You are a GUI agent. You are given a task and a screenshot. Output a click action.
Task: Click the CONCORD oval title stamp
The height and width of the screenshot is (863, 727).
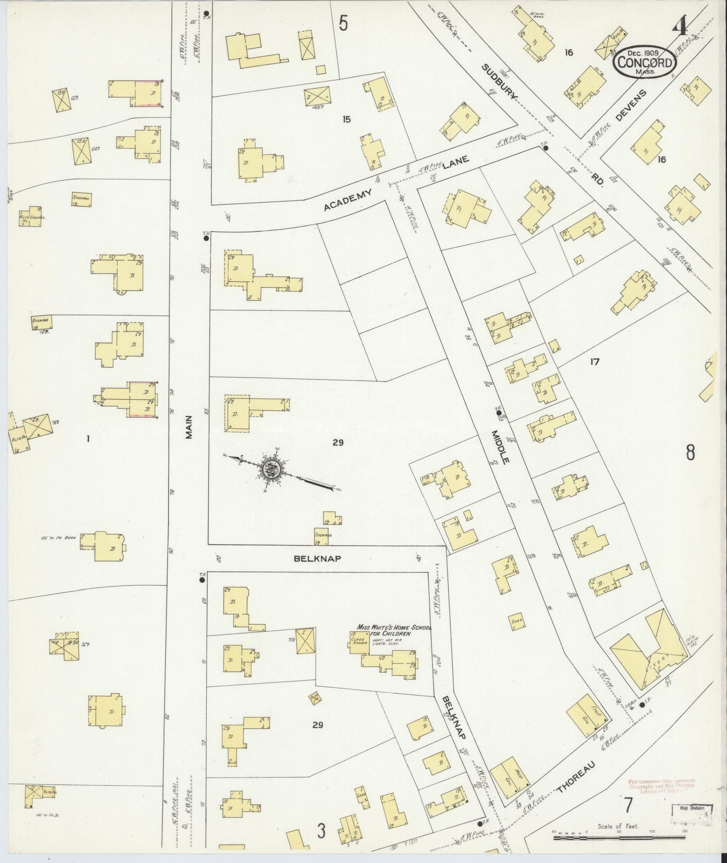pos(644,62)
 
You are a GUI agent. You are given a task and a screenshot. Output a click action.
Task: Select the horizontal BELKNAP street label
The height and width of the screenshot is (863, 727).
pos(314,558)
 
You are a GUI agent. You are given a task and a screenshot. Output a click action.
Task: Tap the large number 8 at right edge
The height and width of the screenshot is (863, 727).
pos(691,453)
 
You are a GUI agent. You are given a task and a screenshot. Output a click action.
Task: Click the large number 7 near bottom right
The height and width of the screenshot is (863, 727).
pos(627,806)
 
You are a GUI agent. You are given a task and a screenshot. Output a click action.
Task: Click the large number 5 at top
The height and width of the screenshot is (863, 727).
pos(344,23)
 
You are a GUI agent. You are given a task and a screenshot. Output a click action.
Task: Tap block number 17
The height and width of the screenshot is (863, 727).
pos(595,361)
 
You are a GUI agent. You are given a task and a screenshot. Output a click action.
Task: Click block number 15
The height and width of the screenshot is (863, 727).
pos(346,119)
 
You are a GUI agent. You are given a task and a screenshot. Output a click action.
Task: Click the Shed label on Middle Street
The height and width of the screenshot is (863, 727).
pos(516,621)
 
